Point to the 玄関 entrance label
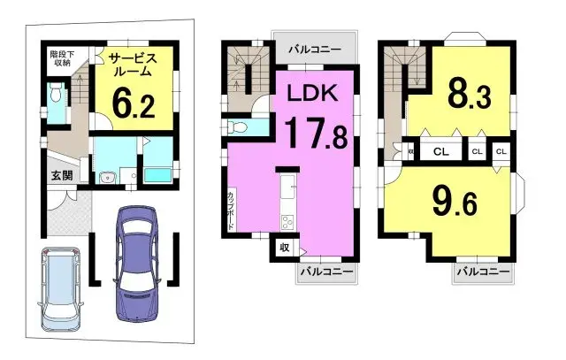[61, 174]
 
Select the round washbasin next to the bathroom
[108, 177]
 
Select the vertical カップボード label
[231, 210]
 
